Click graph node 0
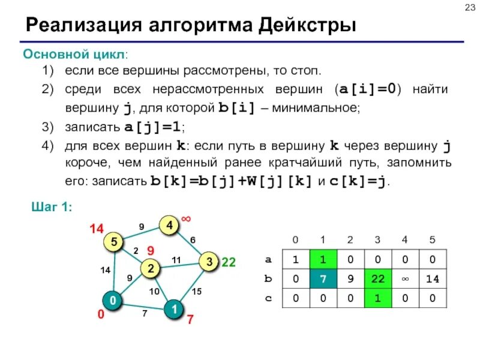point(112,300)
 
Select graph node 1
point(173,310)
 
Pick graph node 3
point(209,262)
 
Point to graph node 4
point(169,226)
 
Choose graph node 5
point(112,242)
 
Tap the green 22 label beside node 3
point(229,262)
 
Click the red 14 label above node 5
point(97,229)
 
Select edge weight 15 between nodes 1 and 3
point(197,291)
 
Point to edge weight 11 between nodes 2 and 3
point(176,259)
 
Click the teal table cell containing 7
point(322,278)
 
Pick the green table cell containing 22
point(377,278)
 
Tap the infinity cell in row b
point(405,278)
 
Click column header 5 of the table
point(433,241)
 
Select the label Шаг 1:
point(52,206)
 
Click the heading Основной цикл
point(75,55)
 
